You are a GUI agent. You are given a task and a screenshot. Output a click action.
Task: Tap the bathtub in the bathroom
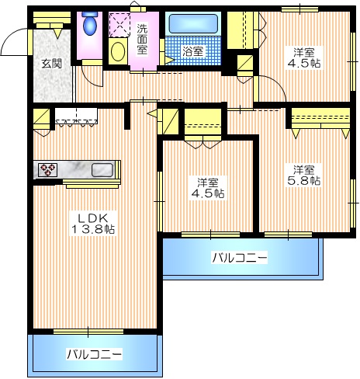tap(193, 24)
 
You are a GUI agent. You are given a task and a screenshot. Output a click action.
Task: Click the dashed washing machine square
tap(120, 24)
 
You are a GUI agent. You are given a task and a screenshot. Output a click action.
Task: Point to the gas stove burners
tap(47, 169)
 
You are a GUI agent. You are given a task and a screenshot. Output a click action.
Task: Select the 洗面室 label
tap(143, 39)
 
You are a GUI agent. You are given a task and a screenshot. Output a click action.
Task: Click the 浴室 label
tap(192, 51)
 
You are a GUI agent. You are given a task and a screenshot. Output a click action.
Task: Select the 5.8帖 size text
tap(304, 181)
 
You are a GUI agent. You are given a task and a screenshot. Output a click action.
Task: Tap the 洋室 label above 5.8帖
tap(304, 169)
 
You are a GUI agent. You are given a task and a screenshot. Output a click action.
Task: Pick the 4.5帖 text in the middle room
tap(209, 193)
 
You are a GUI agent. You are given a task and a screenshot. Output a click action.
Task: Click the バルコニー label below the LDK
tap(95, 354)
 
